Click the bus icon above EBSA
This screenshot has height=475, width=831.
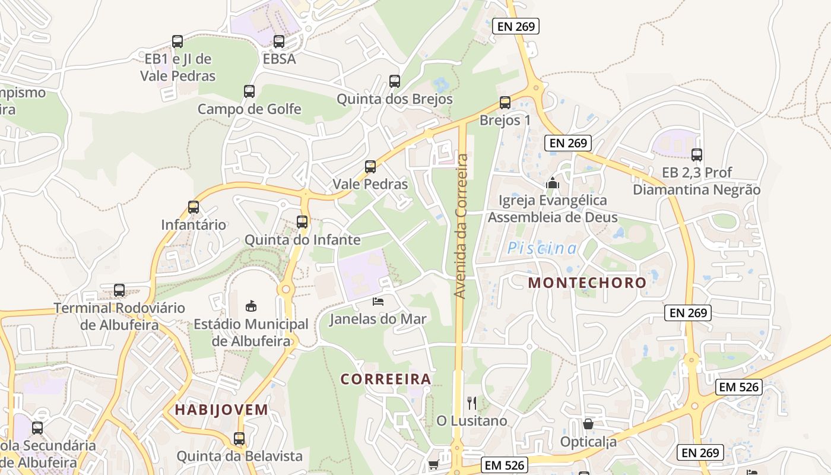279,42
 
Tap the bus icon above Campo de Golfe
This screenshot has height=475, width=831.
249,91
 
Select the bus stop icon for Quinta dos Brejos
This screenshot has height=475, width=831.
395,81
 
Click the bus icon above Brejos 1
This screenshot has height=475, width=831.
505,103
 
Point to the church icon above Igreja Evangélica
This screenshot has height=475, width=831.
553,183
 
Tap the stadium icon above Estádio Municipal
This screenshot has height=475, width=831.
251,306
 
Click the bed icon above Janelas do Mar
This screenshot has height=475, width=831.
378,302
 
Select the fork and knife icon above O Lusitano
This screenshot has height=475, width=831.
472,403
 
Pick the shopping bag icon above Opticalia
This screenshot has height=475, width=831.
588,424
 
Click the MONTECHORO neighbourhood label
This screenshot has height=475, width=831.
587,283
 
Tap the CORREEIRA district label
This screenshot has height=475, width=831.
386,379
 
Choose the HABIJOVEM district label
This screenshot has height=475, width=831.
221,410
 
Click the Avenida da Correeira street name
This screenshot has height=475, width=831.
462,226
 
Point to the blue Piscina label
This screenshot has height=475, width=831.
542,248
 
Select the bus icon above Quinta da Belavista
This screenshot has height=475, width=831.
239,439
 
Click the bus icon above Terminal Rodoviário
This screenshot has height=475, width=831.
119,290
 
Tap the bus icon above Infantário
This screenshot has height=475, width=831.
194,207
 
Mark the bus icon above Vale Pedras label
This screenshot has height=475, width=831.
370,167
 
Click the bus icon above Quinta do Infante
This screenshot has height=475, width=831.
302,222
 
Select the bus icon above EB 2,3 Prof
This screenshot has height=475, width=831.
697,155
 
